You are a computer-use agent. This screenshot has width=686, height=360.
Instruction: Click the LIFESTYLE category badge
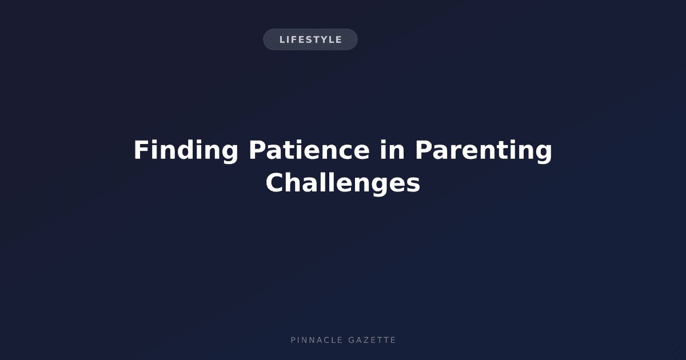310,39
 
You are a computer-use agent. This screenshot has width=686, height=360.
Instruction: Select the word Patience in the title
309,150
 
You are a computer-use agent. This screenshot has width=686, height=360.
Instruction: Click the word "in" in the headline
392,150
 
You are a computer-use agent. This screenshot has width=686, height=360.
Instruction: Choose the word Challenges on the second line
342,183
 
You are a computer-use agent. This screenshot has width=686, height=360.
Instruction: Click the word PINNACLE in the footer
316,340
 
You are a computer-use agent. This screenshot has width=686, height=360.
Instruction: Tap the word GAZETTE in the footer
372,340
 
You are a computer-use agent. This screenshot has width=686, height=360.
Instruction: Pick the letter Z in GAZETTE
366,340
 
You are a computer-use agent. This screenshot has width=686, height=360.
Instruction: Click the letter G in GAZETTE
352,340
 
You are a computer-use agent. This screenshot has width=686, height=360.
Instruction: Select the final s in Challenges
413,185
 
